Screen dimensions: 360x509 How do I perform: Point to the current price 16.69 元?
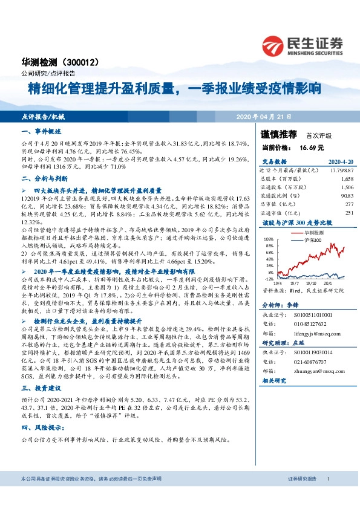click(x=312, y=147)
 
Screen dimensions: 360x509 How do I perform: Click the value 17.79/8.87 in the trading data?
click(x=341, y=171)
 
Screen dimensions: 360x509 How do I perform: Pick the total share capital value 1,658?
click(x=347, y=180)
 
